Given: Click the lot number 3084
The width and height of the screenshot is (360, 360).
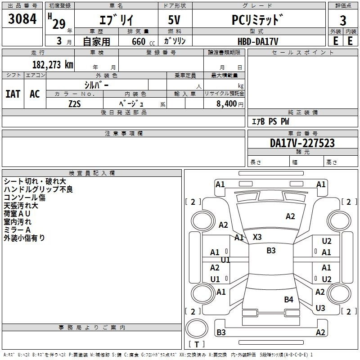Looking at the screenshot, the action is click(x=22, y=19).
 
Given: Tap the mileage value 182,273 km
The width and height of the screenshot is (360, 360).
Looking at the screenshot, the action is click(x=53, y=65).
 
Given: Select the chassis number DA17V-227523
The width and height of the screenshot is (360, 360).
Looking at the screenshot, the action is click(x=302, y=143).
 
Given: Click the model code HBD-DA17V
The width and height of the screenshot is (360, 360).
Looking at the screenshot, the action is click(x=258, y=41).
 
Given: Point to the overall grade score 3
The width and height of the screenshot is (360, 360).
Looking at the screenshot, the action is click(x=343, y=21).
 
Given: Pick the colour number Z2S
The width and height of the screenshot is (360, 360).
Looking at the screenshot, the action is click(x=75, y=104).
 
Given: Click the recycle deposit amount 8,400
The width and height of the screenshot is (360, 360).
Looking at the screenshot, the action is click(x=226, y=103).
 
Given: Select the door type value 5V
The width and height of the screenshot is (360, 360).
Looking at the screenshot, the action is click(x=174, y=20).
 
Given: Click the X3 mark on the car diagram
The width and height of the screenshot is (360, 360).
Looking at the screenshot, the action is click(x=257, y=237).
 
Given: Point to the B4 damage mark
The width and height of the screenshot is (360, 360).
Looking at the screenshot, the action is click(x=288, y=299).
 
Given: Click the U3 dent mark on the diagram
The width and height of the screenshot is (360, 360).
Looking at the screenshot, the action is click(x=320, y=308).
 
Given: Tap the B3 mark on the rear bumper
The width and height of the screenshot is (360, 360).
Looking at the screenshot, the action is click(x=221, y=332).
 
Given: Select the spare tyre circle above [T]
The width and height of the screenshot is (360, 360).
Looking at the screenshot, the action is click(x=197, y=328).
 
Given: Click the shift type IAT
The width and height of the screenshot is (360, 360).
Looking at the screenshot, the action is click(x=13, y=94).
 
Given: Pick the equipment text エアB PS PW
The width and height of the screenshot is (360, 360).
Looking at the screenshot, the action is click(x=270, y=121).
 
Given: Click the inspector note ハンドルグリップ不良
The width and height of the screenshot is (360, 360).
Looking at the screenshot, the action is click(x=38, y=189).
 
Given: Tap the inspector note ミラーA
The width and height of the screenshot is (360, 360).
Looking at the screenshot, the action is click(x=17, y=230).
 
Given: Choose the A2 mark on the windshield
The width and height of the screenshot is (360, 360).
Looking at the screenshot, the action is click(x=290, y=216).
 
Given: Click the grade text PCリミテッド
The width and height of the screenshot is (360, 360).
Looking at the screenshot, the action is click(x=257, y=20).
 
